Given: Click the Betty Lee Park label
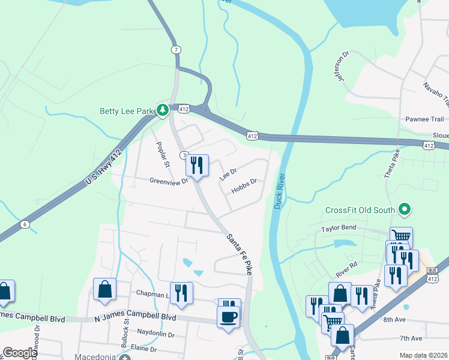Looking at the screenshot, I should (x=126, y=110).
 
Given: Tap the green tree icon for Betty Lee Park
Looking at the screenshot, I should (x=162, y=110).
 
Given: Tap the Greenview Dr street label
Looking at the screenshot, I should (x=169, y=180).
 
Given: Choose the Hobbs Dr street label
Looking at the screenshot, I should (x=244, y=185).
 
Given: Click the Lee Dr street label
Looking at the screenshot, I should (x=228, y=174).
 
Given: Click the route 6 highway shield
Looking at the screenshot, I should (x=25, y=224).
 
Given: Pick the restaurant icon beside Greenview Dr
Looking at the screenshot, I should (x=197, y=165).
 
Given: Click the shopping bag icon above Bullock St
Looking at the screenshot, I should (x=104, y=289).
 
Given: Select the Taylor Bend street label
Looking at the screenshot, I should (x=339, y=228).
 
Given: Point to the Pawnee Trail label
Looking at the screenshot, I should (x=424, y=119).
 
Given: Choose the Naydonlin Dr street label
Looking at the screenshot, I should (x=155, y=334).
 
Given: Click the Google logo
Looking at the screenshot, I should (x=19, y=353).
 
